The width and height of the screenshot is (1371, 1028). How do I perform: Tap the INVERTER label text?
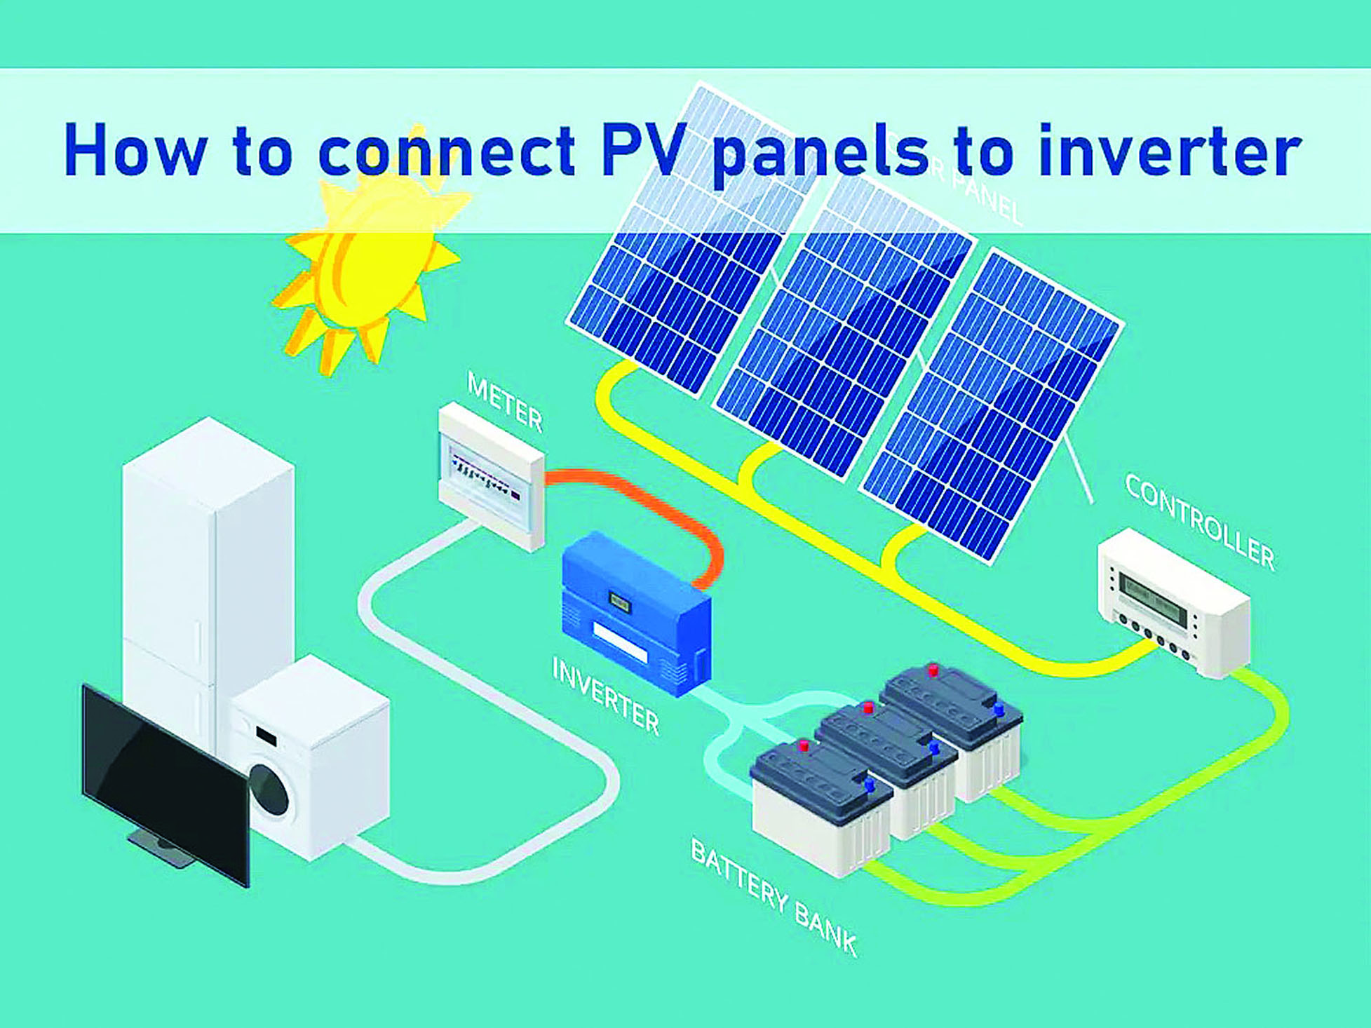(605, 696)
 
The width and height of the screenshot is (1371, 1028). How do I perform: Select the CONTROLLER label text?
(1199, 520)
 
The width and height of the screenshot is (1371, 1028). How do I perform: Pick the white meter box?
(491, 474)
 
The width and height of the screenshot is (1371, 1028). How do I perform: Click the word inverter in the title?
(1169, 151)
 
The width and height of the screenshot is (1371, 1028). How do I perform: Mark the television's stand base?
(161, 848)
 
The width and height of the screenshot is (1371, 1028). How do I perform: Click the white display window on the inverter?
(620, 642)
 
